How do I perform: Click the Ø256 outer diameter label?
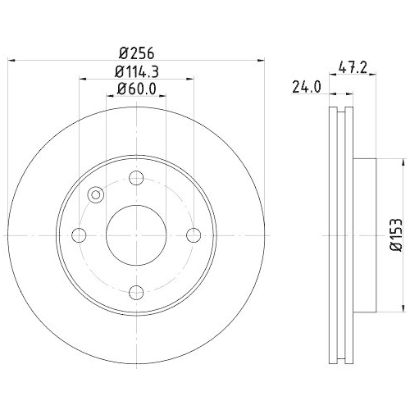(x=137, y=51)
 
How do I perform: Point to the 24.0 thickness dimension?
(x=306, y=85)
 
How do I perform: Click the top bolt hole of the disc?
(x=137, y=178)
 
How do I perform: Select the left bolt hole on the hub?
(x=80, y=235)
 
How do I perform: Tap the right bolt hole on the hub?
(x=194, y=235)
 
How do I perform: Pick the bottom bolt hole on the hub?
(x=137, y=293)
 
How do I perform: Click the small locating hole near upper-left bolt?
(x=95, y=195)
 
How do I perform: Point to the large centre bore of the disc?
(x=137, y=235)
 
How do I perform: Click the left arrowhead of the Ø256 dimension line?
(x=11, y=60)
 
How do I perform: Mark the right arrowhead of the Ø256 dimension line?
(x=263, y=60)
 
